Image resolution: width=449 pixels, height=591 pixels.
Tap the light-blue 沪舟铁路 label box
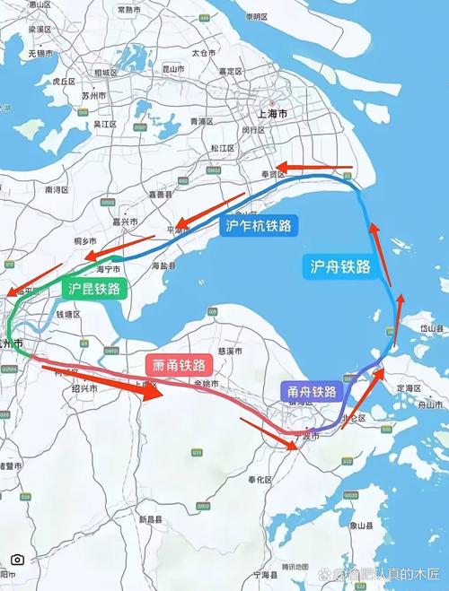point(339,265)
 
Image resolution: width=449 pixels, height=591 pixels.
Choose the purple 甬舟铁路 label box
point(312,391)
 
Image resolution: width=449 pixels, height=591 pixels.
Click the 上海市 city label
point(271,114)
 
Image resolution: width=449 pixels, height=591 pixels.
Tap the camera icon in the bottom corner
point(17,559)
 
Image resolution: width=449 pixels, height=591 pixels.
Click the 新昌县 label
point(150,519)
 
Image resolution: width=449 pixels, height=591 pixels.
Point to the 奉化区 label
point(262,480)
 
